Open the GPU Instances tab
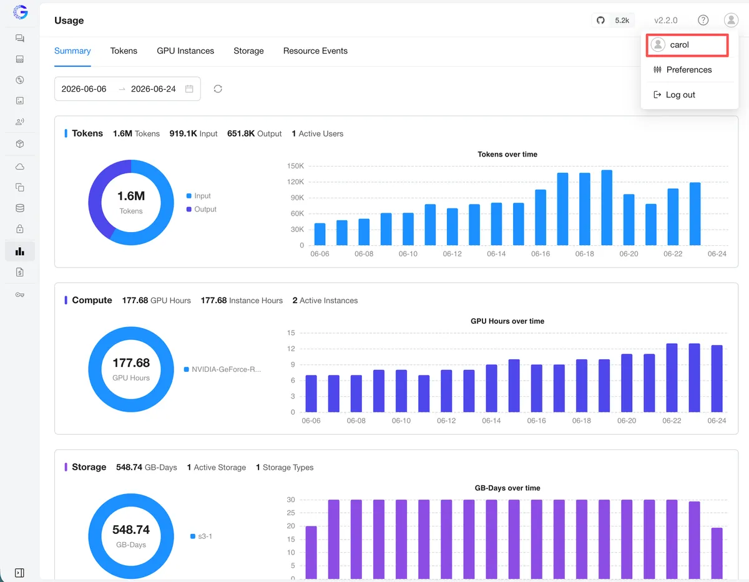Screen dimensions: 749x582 (185, 51)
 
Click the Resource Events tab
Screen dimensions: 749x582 (315, 51)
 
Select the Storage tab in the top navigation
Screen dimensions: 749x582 (248, 51)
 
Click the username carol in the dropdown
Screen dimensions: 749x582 (679, 45)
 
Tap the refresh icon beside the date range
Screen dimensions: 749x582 (218, 89)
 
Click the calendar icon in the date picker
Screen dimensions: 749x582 (189, 89)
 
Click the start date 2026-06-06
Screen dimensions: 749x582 (84, 89)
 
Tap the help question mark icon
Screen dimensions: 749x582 (703, 21)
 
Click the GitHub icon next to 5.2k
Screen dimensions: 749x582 (600, 21)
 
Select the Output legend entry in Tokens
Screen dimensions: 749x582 (202, 209)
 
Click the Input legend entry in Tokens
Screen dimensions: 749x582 (198, 196)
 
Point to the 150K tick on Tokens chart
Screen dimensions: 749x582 (295, 166)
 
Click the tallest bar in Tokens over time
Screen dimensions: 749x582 (607, 208)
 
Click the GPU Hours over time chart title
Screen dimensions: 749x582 (507, 321)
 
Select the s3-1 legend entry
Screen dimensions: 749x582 (202, 536)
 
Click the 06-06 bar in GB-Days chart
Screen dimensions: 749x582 (311, 552)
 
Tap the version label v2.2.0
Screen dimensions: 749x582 (665, 21)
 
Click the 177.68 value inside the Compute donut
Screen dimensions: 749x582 (131, 362)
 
